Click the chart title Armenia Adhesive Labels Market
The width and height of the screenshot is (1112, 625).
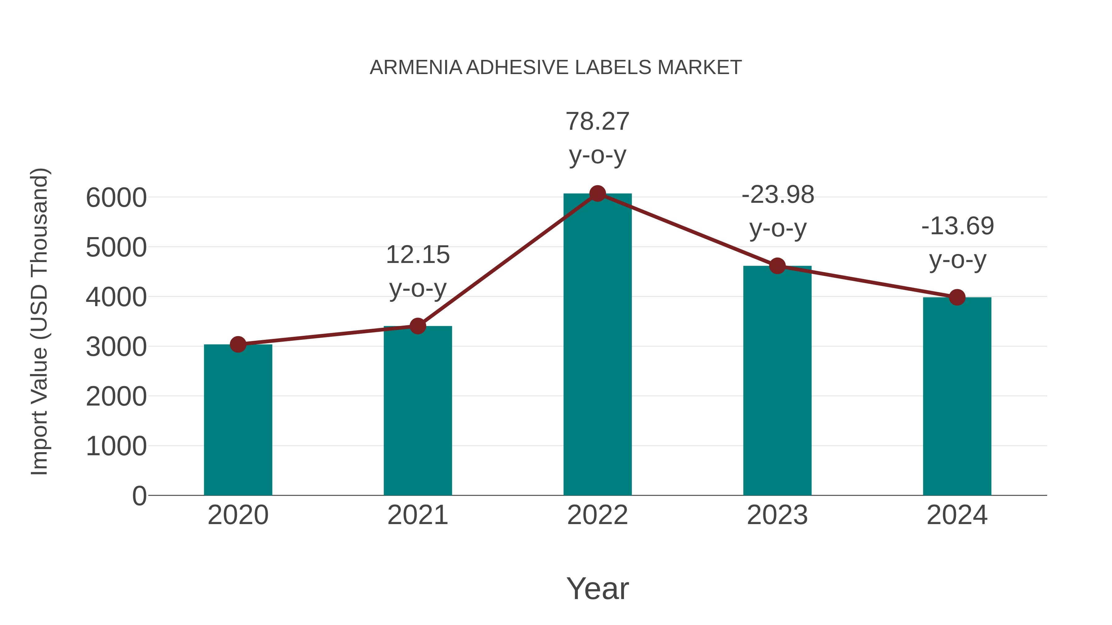tap(556, 68)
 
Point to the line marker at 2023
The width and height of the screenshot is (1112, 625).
tap(777, 266)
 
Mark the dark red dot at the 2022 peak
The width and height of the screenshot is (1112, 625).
tap(597, 194)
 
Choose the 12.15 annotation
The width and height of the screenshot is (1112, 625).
tap(417, 255)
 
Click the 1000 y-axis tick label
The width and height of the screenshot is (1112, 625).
tap(116, 446)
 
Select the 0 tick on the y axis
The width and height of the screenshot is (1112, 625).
tap(139, 496)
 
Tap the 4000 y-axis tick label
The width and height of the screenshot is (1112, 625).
tap(116, 297)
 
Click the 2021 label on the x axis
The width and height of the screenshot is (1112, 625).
tap(417, 515)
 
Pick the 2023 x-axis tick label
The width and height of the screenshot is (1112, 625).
tap(777, 515)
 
